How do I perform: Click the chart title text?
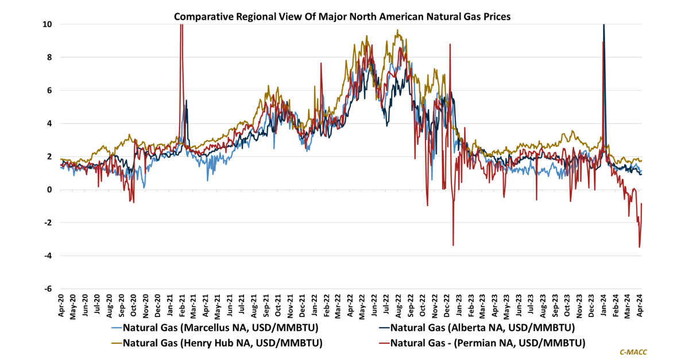[x=342, y=17]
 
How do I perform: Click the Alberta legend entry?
[x=482, y=328]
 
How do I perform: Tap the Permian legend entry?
[x=487, y=343]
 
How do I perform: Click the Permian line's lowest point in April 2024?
[x=639, y=247]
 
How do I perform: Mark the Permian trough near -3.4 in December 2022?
[x=453, y=245]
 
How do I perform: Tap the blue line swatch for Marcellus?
[x=115, y=328]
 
